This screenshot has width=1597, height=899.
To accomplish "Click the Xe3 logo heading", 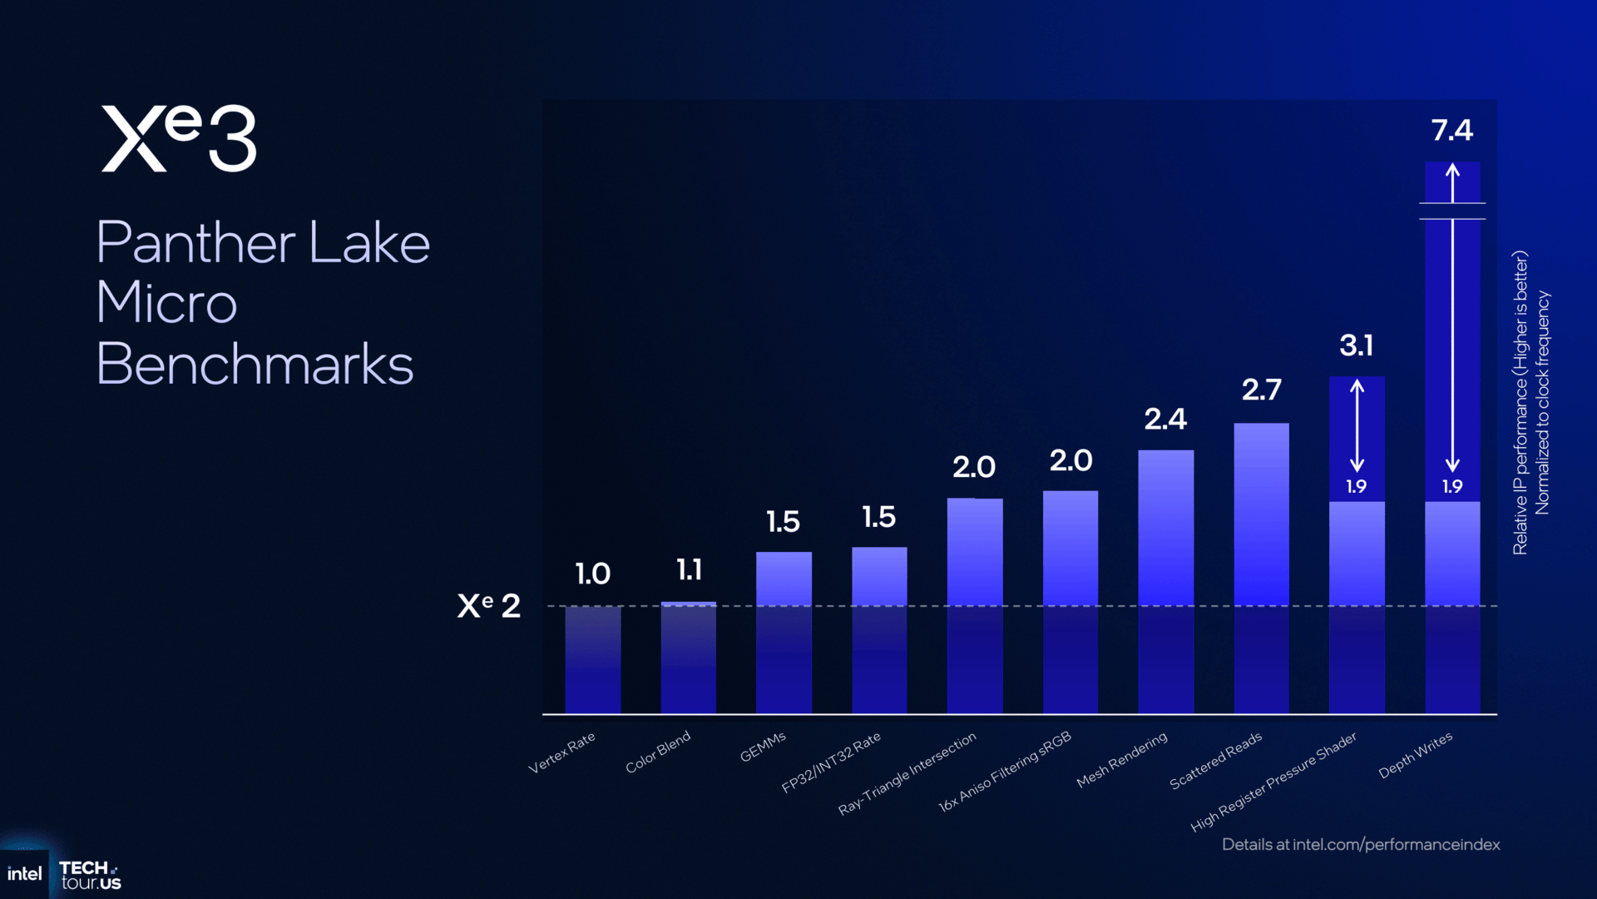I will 179,138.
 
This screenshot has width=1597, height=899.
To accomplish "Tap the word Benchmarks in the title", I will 255,365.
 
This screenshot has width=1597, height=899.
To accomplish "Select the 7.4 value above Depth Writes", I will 1451,130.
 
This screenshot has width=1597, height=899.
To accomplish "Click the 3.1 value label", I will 1356,345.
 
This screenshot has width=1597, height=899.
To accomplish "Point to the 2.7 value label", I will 1261,390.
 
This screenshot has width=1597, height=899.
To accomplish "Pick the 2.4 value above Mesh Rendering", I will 1165,419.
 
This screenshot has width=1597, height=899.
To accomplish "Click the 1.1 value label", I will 689,570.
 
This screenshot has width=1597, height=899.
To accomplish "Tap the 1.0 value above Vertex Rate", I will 593,574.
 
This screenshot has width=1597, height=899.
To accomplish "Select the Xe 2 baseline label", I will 489,605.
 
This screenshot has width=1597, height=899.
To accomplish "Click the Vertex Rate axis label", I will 562,752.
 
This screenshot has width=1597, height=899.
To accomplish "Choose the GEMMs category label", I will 763,747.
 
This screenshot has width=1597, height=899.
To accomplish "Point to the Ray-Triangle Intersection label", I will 907,773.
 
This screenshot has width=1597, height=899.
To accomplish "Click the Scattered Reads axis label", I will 1215,761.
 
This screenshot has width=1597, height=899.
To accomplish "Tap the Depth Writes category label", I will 1415,755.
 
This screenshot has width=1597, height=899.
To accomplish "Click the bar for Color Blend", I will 689,658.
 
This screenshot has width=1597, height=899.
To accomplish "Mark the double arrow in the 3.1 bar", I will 1357,425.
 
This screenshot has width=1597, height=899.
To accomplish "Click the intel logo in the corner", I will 25,874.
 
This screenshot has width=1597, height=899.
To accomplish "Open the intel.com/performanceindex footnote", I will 1361,844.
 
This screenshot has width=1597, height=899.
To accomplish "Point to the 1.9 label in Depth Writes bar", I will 1451,486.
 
